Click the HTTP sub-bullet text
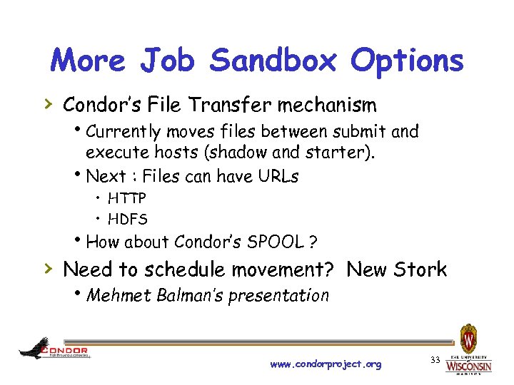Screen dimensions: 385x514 coord(127,198)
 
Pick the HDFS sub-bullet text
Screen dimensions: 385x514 coord(127,219)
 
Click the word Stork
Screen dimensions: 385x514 coord(420,269)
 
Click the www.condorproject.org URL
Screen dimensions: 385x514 coord(326,364)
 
